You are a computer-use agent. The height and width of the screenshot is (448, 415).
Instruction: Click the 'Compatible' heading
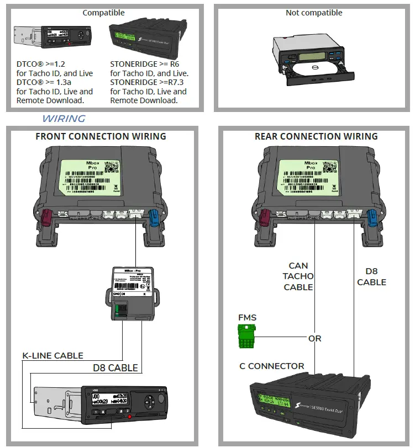pyautogui.click(x=103, y=12)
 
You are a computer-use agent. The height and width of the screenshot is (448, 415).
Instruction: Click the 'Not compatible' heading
pyautogui.click(x=314, y=12)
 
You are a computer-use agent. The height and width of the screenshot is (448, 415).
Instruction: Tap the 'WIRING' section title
pyautogui.click(x=64, y=119)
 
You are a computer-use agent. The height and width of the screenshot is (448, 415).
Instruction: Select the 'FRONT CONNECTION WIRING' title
pyautogui.click(x=101, y=136)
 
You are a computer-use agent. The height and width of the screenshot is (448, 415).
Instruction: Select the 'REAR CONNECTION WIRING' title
pyautogui.click(x=316, y=136)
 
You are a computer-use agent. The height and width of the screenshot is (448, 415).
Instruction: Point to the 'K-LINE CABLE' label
pyautogui.click(x=53, y=356)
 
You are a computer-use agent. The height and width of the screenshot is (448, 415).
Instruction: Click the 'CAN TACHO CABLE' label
pyautogui.click(x=298, y=276)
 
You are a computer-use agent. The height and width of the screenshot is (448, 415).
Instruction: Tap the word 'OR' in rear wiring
pyautogui.click(x=314, y=338)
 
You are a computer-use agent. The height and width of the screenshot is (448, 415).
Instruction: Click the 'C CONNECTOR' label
pyautogui.click(x=271, y=366)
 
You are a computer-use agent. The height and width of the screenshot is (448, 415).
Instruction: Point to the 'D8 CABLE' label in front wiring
pyautogui.click(x=115, y=368)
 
